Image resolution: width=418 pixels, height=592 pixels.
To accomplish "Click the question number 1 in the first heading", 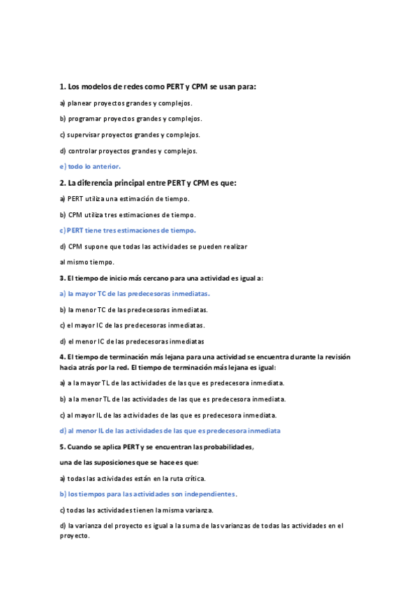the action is [x=61, y=87].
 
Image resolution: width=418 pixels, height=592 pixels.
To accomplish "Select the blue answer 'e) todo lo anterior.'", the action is [x=90, y=166].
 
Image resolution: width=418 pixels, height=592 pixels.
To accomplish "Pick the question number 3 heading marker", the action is [x=61, y=278].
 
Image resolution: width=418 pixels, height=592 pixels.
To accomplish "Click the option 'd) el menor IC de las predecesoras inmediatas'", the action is [x=132, y=341].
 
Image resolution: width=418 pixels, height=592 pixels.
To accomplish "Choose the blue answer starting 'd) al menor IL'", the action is [x=170, y=431].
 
